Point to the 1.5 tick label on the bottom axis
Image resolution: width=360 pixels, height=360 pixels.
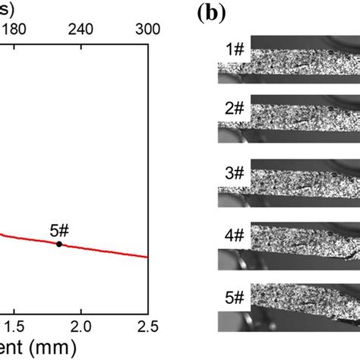14,327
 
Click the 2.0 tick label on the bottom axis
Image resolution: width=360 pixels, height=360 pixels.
81,327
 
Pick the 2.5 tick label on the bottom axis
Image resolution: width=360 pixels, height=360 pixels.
147,327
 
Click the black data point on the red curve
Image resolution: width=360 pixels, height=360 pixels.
59,244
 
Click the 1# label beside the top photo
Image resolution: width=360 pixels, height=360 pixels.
235,52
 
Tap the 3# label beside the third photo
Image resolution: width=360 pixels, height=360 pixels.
235,172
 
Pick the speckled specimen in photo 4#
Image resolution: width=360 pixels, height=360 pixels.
304,244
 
